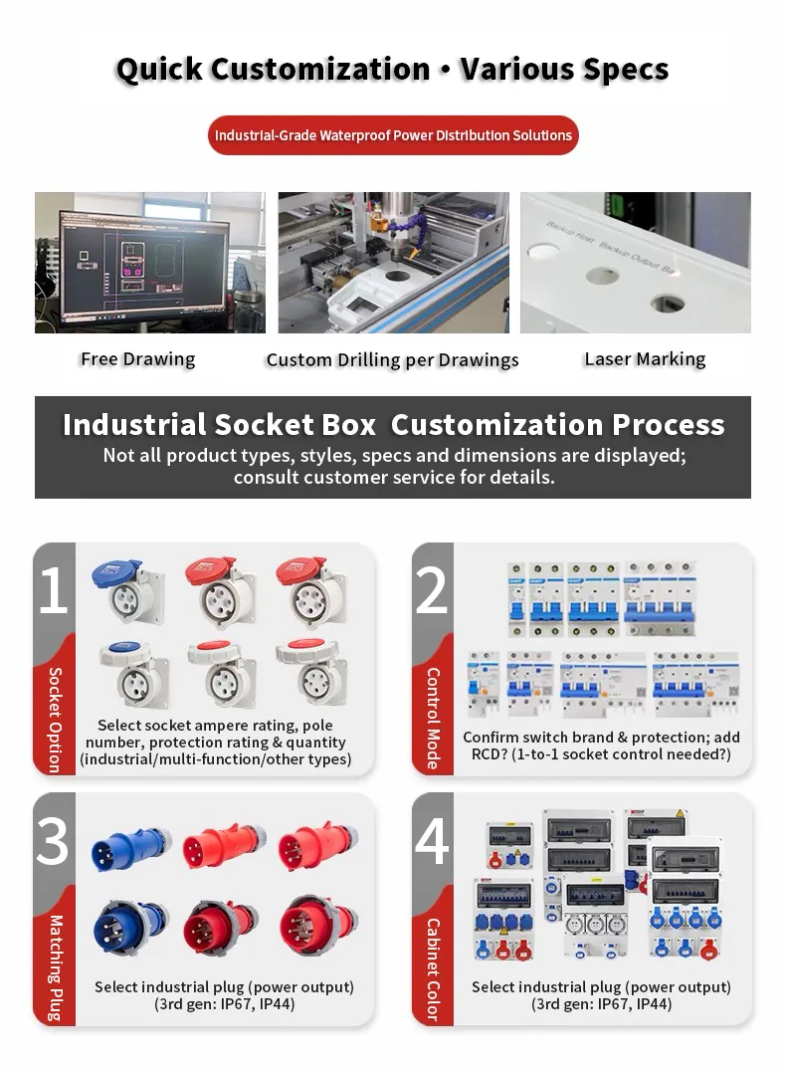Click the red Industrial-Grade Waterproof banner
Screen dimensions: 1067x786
pos(393,135)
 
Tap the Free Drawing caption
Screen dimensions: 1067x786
pos(137,359)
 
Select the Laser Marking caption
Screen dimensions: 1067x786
pos(645,359)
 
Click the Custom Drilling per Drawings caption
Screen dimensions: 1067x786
pos(392,360)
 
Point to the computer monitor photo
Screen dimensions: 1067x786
pos(149,263)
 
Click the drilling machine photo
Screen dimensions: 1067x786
pos(392,263)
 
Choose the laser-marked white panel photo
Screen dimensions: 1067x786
pos(635,263)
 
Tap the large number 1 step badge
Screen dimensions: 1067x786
pos(54,591)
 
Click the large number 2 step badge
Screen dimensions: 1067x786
pos(433,591)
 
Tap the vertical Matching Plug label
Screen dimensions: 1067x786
pos(55,967)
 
